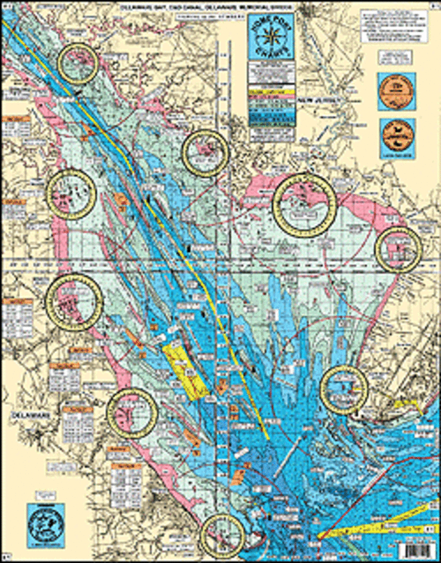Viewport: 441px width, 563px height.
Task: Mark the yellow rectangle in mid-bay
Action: pyautogui.click(x=185, y=371)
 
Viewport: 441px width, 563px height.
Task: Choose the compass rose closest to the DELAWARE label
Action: pyautogui.click(x=132, y=414)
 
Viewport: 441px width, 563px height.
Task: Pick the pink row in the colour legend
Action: pyautogui.click(x=272, y=99)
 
